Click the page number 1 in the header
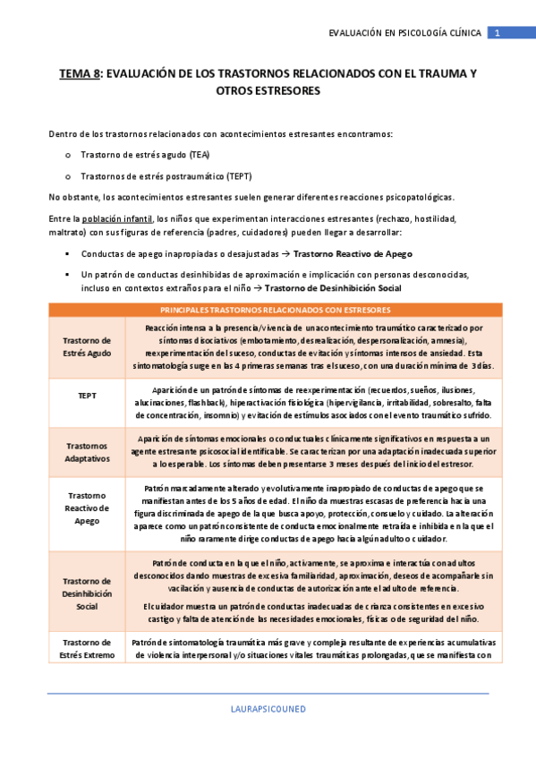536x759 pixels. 498,33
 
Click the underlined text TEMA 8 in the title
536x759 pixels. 79,75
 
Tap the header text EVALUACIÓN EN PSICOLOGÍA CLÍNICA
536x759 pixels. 405,33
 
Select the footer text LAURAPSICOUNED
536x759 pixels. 268,708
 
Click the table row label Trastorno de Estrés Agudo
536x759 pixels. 87,346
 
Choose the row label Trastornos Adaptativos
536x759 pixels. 87,452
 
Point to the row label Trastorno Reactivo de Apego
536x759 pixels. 87,507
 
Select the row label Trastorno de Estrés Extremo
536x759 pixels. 87,648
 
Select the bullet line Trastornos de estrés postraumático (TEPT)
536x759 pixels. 154,175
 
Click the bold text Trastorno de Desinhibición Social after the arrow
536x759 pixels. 333,288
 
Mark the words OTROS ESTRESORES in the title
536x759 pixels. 268,91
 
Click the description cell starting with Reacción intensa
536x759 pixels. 313,346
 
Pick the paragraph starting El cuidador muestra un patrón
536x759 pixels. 313,612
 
